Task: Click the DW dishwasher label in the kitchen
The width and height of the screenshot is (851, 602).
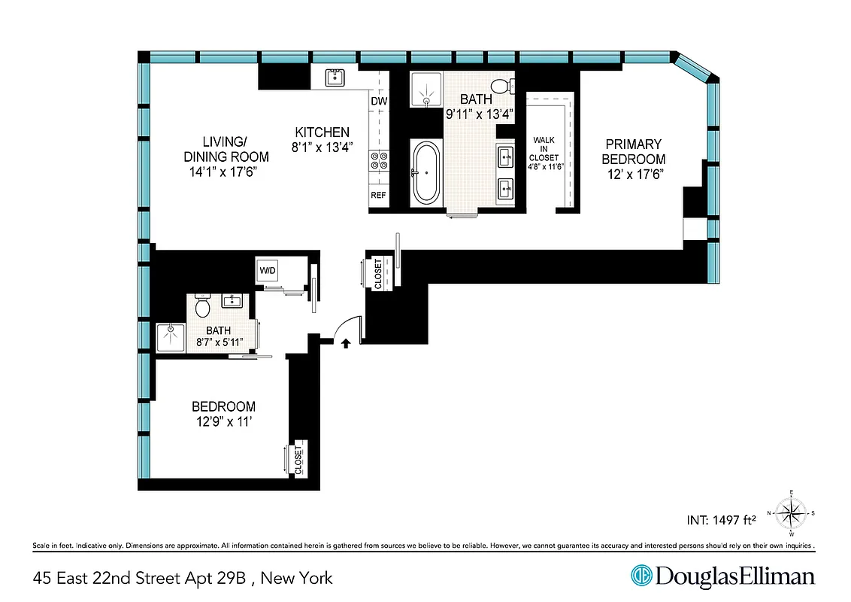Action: [x=379, y=101]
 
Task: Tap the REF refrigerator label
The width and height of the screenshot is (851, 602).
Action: [x=378, y=196]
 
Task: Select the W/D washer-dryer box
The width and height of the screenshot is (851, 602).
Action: [x=268, y=270]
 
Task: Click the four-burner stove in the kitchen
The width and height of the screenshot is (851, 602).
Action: [x=378, y=160]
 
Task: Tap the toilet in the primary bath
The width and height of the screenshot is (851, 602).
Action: [x=500, y=85]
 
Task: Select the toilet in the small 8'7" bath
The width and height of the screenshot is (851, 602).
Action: [x=201, y=307]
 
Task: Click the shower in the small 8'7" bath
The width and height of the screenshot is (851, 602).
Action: [x=170, y=337]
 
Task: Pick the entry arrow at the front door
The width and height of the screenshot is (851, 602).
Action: [x=346, y=344]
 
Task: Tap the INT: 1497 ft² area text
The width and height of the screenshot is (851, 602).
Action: [x=720, y=518]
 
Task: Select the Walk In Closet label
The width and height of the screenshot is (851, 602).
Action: [x=545, y=158]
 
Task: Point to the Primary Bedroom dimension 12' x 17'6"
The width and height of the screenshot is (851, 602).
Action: [x=634, y=173]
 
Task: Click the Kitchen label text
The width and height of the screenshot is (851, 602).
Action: [x=322, y=132]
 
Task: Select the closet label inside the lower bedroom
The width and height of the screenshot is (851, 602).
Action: [x=298, y=458]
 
